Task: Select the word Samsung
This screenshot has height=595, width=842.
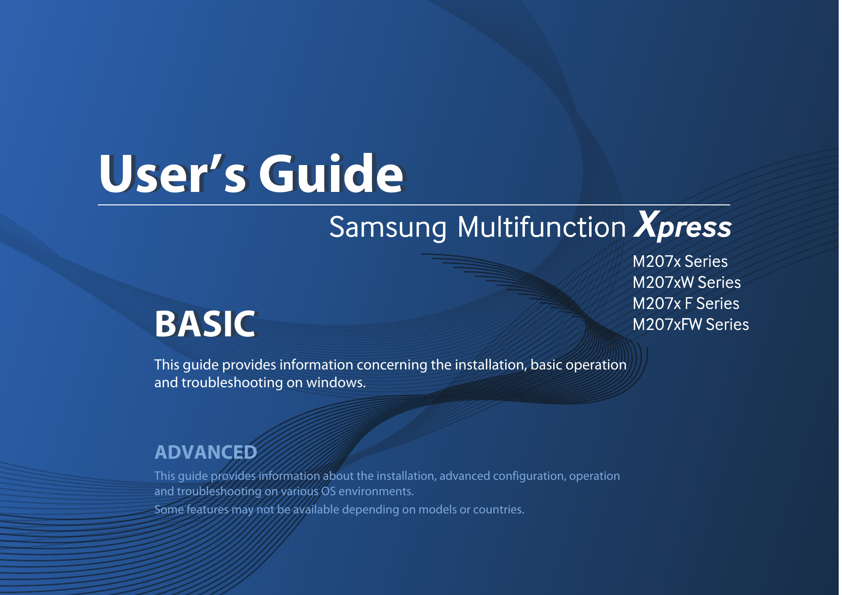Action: click(x=388, y=227)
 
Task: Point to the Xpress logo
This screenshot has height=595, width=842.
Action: click(x=683, y=226)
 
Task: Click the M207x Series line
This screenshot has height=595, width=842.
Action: click(x=680, y=262)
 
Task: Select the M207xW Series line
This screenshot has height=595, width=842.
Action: click(x=687, y=283)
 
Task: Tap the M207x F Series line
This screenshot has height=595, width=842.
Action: click(x=686, y=304)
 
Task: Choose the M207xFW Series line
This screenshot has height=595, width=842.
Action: click(x=690, y=325)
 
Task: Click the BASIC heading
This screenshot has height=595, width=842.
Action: click(x=205, y=324)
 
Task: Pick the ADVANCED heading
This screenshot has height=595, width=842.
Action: click(x=206, y=452)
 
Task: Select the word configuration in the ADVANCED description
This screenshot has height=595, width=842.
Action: click(x=529, y=476)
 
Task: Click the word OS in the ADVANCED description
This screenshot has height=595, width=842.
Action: click(x=328, y=491)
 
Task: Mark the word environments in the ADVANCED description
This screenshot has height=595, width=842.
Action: click(x=376, y=491)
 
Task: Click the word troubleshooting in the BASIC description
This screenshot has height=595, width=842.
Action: click(x=232, y=383)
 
